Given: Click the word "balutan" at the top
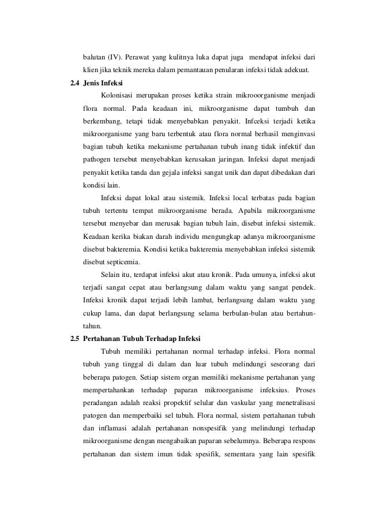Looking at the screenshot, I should [x=94, y=58].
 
